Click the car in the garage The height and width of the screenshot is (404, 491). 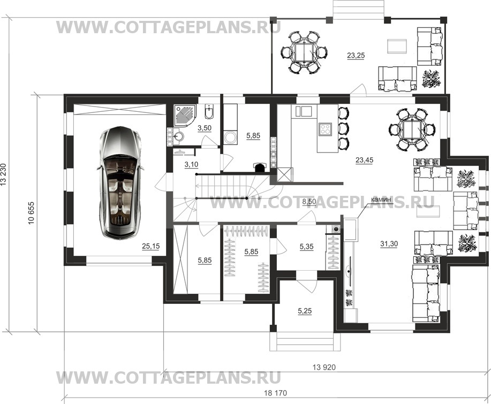pos(120,182)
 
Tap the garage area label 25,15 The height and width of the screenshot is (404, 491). pos(150,246)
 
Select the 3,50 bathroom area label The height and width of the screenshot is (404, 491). pos(205,128)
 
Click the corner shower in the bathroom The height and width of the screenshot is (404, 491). pos(185,115)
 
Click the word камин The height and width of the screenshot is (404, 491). pos(381,199)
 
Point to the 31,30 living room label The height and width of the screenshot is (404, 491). pos(389,244)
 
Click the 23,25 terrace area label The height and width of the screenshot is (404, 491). pos(356,56)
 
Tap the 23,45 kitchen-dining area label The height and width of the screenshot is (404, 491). pos(365,160)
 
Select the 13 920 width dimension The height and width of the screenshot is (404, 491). pos(324,367)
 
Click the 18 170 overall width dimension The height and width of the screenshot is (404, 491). pos(276,393)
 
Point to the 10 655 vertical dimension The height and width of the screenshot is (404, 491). pos(31,213)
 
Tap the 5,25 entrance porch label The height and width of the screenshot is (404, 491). pos(305,311)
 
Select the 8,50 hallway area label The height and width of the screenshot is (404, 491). pos(309,202)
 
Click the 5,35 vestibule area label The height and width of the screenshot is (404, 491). pos(307,247)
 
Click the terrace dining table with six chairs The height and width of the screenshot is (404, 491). pos(304,52)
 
